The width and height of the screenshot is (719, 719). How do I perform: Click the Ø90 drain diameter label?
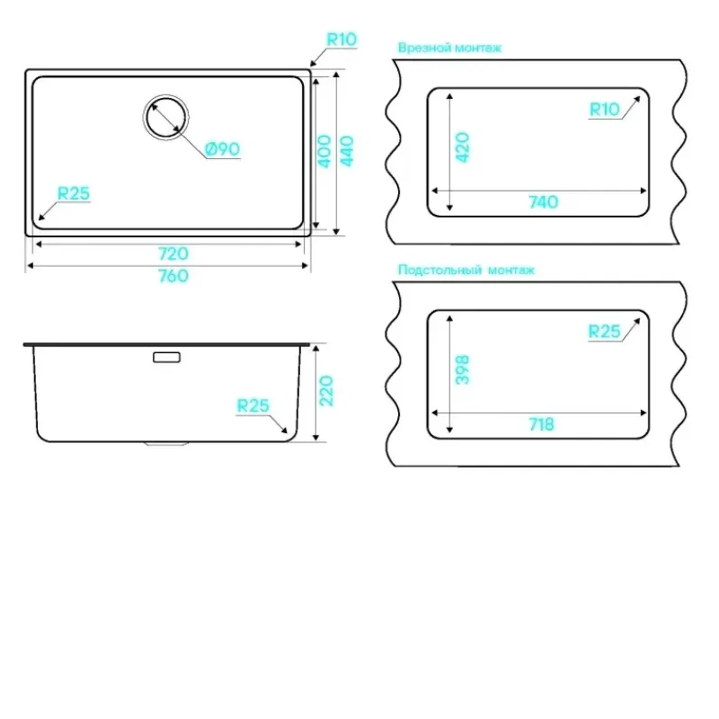point(223,149)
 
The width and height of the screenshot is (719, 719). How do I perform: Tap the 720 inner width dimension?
point(173,253)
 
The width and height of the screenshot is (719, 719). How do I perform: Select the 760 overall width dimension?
point(173,276)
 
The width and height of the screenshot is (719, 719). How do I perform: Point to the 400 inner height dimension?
point(324,151)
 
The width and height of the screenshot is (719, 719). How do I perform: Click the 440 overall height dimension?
point(347,151)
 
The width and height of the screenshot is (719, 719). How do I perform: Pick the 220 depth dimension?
point(326,391)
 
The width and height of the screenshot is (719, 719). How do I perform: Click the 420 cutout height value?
point(463,147)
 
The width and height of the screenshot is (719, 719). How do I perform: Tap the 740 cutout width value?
point(544,201)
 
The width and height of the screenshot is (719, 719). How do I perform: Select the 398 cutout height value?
point(463,369)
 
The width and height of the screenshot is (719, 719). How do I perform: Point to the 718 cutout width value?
point(542,424)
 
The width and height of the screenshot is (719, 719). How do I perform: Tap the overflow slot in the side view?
point(167,357)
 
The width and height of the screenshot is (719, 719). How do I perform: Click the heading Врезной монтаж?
point(450,48)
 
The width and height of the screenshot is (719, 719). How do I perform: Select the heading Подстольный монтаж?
point(466,270)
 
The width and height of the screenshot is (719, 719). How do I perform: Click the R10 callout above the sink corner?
point(342,40)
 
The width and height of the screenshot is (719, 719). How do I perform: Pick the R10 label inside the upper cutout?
point(604,110)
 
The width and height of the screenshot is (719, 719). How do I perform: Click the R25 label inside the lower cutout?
point(604,331)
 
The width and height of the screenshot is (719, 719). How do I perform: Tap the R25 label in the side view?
point(253,405)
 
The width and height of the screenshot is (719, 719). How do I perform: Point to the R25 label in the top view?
point(74,193)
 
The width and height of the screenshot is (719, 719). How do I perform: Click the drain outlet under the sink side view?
point(166,444)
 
